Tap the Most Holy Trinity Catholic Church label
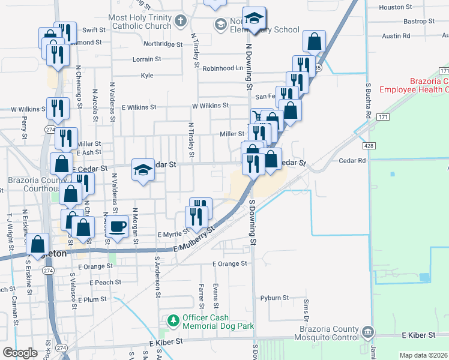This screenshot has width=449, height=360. coord(140,22)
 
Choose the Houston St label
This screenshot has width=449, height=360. coord(396,7)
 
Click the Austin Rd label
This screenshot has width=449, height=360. coord(396,36)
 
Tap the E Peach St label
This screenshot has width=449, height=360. coord(104,282)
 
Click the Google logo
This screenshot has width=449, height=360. coord(20,353)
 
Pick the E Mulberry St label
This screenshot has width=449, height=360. coord(194,239)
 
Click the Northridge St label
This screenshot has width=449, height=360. coord(162,44)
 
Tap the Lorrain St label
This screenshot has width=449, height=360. coord(146,59)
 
